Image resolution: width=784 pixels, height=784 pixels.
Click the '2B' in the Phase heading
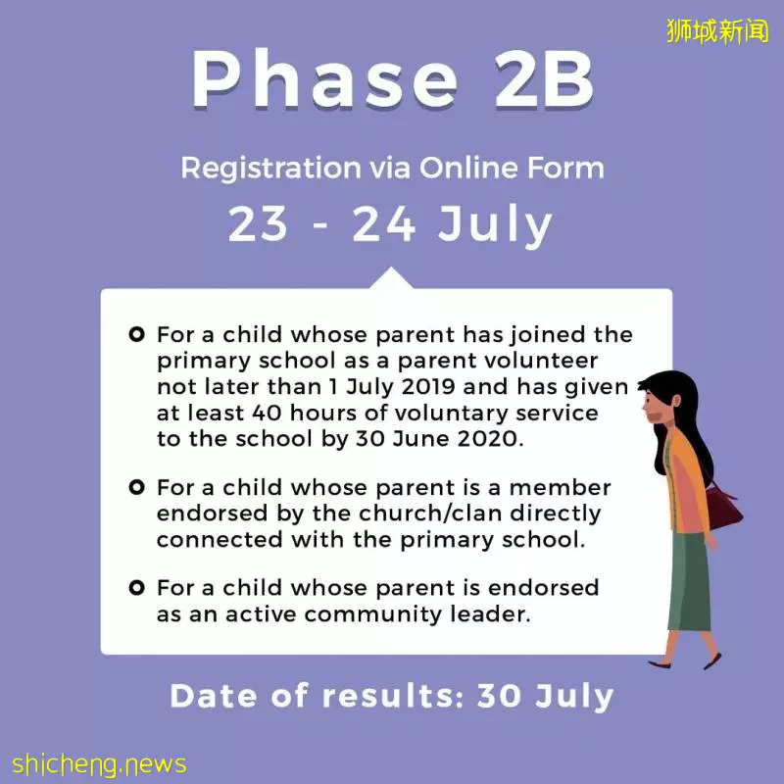(545, 79)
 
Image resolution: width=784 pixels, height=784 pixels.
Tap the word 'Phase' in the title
(325, 79)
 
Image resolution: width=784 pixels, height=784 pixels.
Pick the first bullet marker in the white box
(136, 334)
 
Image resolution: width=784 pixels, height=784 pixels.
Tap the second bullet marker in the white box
(136, 487)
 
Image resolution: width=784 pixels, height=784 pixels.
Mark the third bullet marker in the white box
(136, 587)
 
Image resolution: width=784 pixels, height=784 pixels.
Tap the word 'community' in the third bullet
(373, 614)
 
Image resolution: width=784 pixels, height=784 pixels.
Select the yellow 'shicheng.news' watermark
(100, 764)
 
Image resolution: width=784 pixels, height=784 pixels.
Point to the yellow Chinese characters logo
(717, 31)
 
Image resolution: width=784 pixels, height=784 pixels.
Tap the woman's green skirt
(690, 581)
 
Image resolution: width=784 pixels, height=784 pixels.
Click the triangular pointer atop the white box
(391, 280)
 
